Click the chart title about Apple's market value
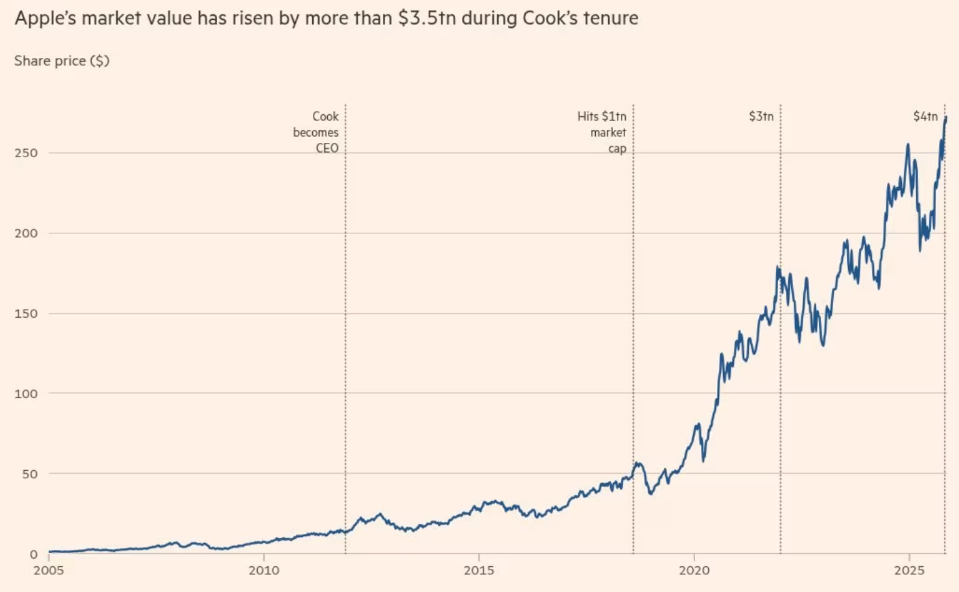click(x=326, y=18)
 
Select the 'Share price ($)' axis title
click(x=62, y=61)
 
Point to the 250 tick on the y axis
click(x=26, y=153)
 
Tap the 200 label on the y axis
click(x=26, y=233)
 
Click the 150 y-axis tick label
click(x=26, y=314)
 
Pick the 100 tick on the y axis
click(x=26, y=393)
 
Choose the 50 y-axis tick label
click(x=29, y=474)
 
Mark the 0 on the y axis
click(x=33, y=554)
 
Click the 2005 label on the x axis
click(x=48, y=570)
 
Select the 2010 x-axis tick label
click(x=264, y=570)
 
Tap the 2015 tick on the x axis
click(x=479, y=570)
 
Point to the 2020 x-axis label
click(x=694, y=570)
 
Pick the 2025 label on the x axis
click(x=909, y=570)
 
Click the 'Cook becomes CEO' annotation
click(x=316, y=132)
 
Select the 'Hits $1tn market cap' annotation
click(x=603, y=132)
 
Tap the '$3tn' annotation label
click(x=761, y=116)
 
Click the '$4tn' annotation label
click(x=925, y=116)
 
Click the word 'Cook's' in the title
click(x=550, y=18)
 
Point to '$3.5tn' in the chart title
click(x=426, y=18)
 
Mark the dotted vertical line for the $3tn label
click(x=780, y=340)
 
